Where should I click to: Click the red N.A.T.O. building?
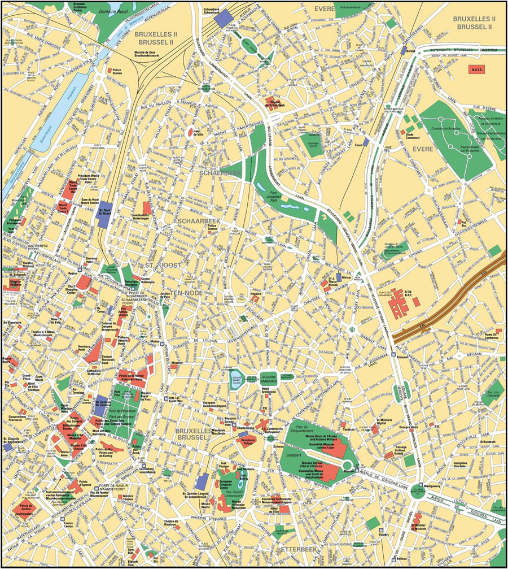point(475,70)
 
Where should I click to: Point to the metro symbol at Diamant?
point(393,355)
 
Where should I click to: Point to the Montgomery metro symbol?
point(421,485)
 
